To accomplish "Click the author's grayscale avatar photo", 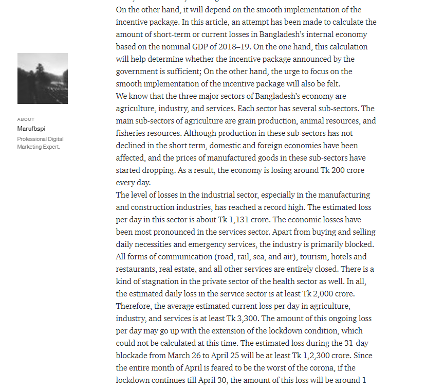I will pos(43,78).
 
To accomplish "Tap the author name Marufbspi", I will pos(31,129).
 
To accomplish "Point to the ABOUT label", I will pos(26,119).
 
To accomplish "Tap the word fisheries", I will pos(131,133).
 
